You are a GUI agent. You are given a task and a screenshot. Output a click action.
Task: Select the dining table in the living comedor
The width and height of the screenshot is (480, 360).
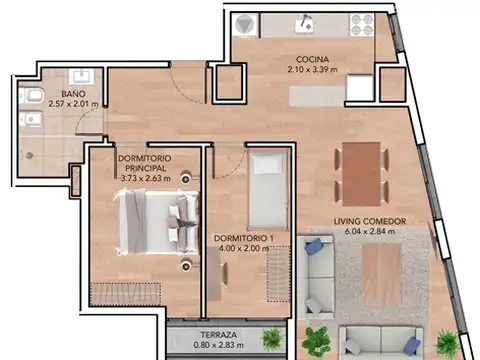(362, 171)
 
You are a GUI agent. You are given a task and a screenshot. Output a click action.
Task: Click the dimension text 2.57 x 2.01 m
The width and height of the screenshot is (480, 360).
(71, 102)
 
